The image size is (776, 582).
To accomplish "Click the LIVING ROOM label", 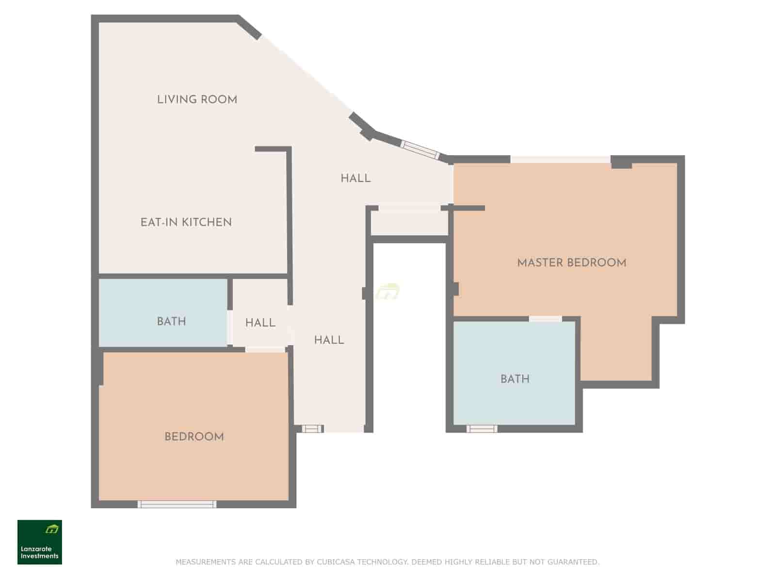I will pyautogui.click(x=197, y=99).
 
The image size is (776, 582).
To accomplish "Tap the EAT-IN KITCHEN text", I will pyautogui.click(x=186, y=222).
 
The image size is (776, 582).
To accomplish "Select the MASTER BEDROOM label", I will pyautogui.click(x=571, y=262).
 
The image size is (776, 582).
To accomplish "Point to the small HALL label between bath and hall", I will pyautogui.click(x=260, y=323).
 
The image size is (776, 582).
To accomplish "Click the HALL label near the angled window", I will pyautogui.click(x=356, y=178).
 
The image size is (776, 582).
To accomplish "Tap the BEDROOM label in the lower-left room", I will pyautogui.click(x=194, y=436).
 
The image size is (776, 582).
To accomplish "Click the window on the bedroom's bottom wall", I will pyautogui.click(x=177, y=504).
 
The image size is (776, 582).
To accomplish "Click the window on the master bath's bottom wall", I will pyautogui.click(x=482, y=429).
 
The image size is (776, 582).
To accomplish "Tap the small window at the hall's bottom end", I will pyautogui.click(x=312, y=429).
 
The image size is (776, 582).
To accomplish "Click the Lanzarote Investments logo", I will pyautogui.click(x=40, y=542).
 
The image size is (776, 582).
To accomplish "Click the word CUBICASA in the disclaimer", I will pyautogui.click(x=336, y=562).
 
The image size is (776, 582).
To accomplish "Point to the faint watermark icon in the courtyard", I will pyautogui.click(x=388, y=291).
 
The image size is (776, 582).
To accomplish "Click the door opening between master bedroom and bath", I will pyautogui.click(x=545, y=319).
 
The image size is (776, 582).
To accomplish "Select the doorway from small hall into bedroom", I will pyautogui.click(x=265, y=349).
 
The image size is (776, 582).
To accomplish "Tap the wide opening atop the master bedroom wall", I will pyautogui.click(x=560, y=159).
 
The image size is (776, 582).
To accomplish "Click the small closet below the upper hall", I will pyautogui.click(x=409, y=223).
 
